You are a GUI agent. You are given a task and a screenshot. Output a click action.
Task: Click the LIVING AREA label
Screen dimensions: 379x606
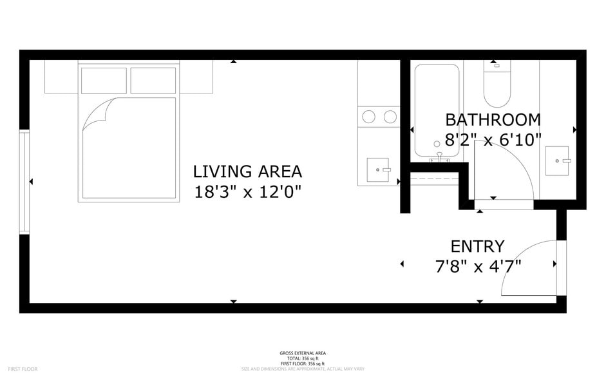pos(247,171)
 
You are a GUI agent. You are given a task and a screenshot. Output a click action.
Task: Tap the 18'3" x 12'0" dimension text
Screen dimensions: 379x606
pos(247,191)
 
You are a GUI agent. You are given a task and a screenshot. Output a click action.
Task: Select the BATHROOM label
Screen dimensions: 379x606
pos(493,119)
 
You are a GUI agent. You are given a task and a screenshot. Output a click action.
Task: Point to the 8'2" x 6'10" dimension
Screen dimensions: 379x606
pos(493,139)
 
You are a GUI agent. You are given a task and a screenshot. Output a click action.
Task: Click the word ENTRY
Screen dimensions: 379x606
pos(477,246)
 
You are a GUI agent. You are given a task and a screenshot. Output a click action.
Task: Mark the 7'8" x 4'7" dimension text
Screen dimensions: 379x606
pos(477,266)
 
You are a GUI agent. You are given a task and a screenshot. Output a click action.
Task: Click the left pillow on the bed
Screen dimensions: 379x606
pos(103,81)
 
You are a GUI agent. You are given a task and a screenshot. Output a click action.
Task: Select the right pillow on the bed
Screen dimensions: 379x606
pos(153,81)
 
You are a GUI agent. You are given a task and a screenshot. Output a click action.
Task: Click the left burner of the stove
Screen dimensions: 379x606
pos(369,117)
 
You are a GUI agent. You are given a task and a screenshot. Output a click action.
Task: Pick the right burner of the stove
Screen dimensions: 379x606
pos(390,117)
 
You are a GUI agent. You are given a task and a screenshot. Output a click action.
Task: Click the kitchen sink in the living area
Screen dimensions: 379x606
pos(378,170)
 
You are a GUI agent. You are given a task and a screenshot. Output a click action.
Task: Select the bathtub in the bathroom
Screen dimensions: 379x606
pos(437,110)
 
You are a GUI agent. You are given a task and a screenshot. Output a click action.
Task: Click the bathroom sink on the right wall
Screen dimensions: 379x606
pos(558,160)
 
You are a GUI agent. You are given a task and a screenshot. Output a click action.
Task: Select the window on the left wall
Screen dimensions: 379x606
pos(24,182)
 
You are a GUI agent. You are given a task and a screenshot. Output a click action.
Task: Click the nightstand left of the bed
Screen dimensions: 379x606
pos(61,77)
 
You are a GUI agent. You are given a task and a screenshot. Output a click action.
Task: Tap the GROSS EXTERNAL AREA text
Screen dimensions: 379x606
pos(303,353)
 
